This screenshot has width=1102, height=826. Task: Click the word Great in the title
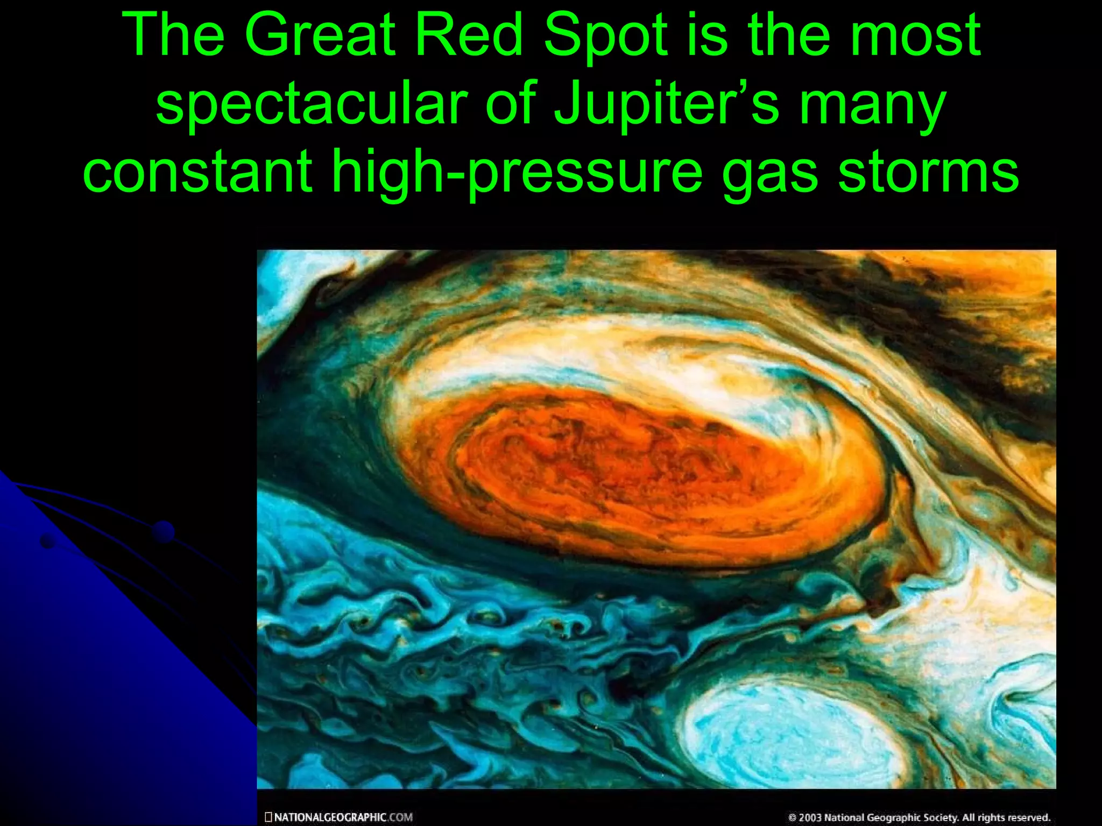pyautogui.click(x=320, y=35)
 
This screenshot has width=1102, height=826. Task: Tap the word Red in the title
pyautogui.click(x=470, y=35)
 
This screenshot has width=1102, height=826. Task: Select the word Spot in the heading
pyautogui.click(x=606, y=35)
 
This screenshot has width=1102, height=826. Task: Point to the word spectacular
pyautogui.click(x=312, y=103)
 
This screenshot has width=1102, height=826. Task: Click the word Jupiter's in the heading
pyautogui.click(x=667, y=103)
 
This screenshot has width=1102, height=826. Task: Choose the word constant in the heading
pyautogui.click(x=197, y=171)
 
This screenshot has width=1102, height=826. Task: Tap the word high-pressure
pyautogui.click(x=517, y=171)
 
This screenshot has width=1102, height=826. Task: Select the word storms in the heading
pyautogui.click(x=928, y=171)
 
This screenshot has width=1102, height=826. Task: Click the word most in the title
pyautogui.click(x=915, y=35)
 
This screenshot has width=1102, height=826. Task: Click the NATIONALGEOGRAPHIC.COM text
pyautogui.click(x=343, y=817)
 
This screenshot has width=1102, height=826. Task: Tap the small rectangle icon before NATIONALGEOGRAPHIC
pyautogui.click(x=269, y=817)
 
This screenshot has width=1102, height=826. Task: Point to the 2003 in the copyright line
pyautogui.click(x=810, y=817)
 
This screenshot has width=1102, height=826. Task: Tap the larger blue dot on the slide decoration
pyautogui.click(x=163, y=531)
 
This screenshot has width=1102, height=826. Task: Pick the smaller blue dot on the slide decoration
pyautogui.click(x=48, y=542)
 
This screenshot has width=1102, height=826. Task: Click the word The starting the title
pyautogui.click(x=173, y=35)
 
